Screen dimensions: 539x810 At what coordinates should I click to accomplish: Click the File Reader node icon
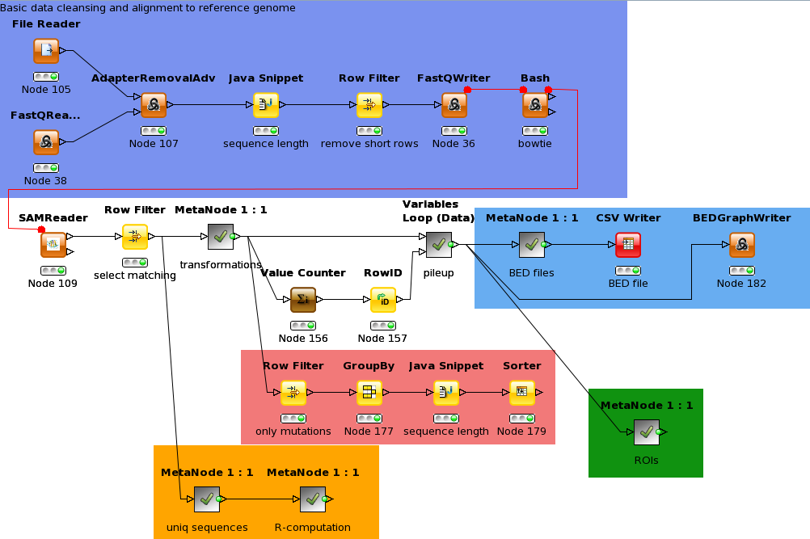tap(46, 52)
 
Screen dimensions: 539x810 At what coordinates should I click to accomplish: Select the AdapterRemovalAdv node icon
tap(153, 105)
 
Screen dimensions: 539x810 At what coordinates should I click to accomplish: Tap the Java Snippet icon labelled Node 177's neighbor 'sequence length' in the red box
tap(445, 393)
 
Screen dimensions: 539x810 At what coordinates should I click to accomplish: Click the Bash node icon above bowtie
tap(534, 105)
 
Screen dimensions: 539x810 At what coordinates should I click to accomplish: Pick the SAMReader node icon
tap(53, 244)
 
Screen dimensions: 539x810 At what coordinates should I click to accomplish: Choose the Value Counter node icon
tap(303, 300)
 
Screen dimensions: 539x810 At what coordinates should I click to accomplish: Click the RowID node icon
tap(382, 300)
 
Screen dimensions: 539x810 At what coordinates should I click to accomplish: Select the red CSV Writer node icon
tap(628, 245)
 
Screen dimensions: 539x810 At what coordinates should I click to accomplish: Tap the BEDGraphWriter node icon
tap(741, 245)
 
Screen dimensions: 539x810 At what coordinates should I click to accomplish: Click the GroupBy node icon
tap(369, 393)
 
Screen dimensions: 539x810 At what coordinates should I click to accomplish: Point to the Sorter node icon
tap(521, 393)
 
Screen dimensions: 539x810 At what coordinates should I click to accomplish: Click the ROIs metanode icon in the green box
tap(646, 432)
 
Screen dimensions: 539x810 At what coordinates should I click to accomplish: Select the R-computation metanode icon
tap(312, 499)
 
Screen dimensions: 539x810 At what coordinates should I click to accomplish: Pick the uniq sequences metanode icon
tap(207, 499)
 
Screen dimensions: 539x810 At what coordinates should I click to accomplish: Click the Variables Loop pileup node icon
tap(439, 242)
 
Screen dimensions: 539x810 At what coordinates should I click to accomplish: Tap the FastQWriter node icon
tap(454, 105)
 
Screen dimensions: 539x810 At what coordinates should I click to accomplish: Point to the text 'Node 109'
tap(53, 284)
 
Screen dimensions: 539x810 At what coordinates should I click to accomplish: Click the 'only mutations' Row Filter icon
tap(293, 393)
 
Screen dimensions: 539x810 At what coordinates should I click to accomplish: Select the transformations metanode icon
tap(221, 237)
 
